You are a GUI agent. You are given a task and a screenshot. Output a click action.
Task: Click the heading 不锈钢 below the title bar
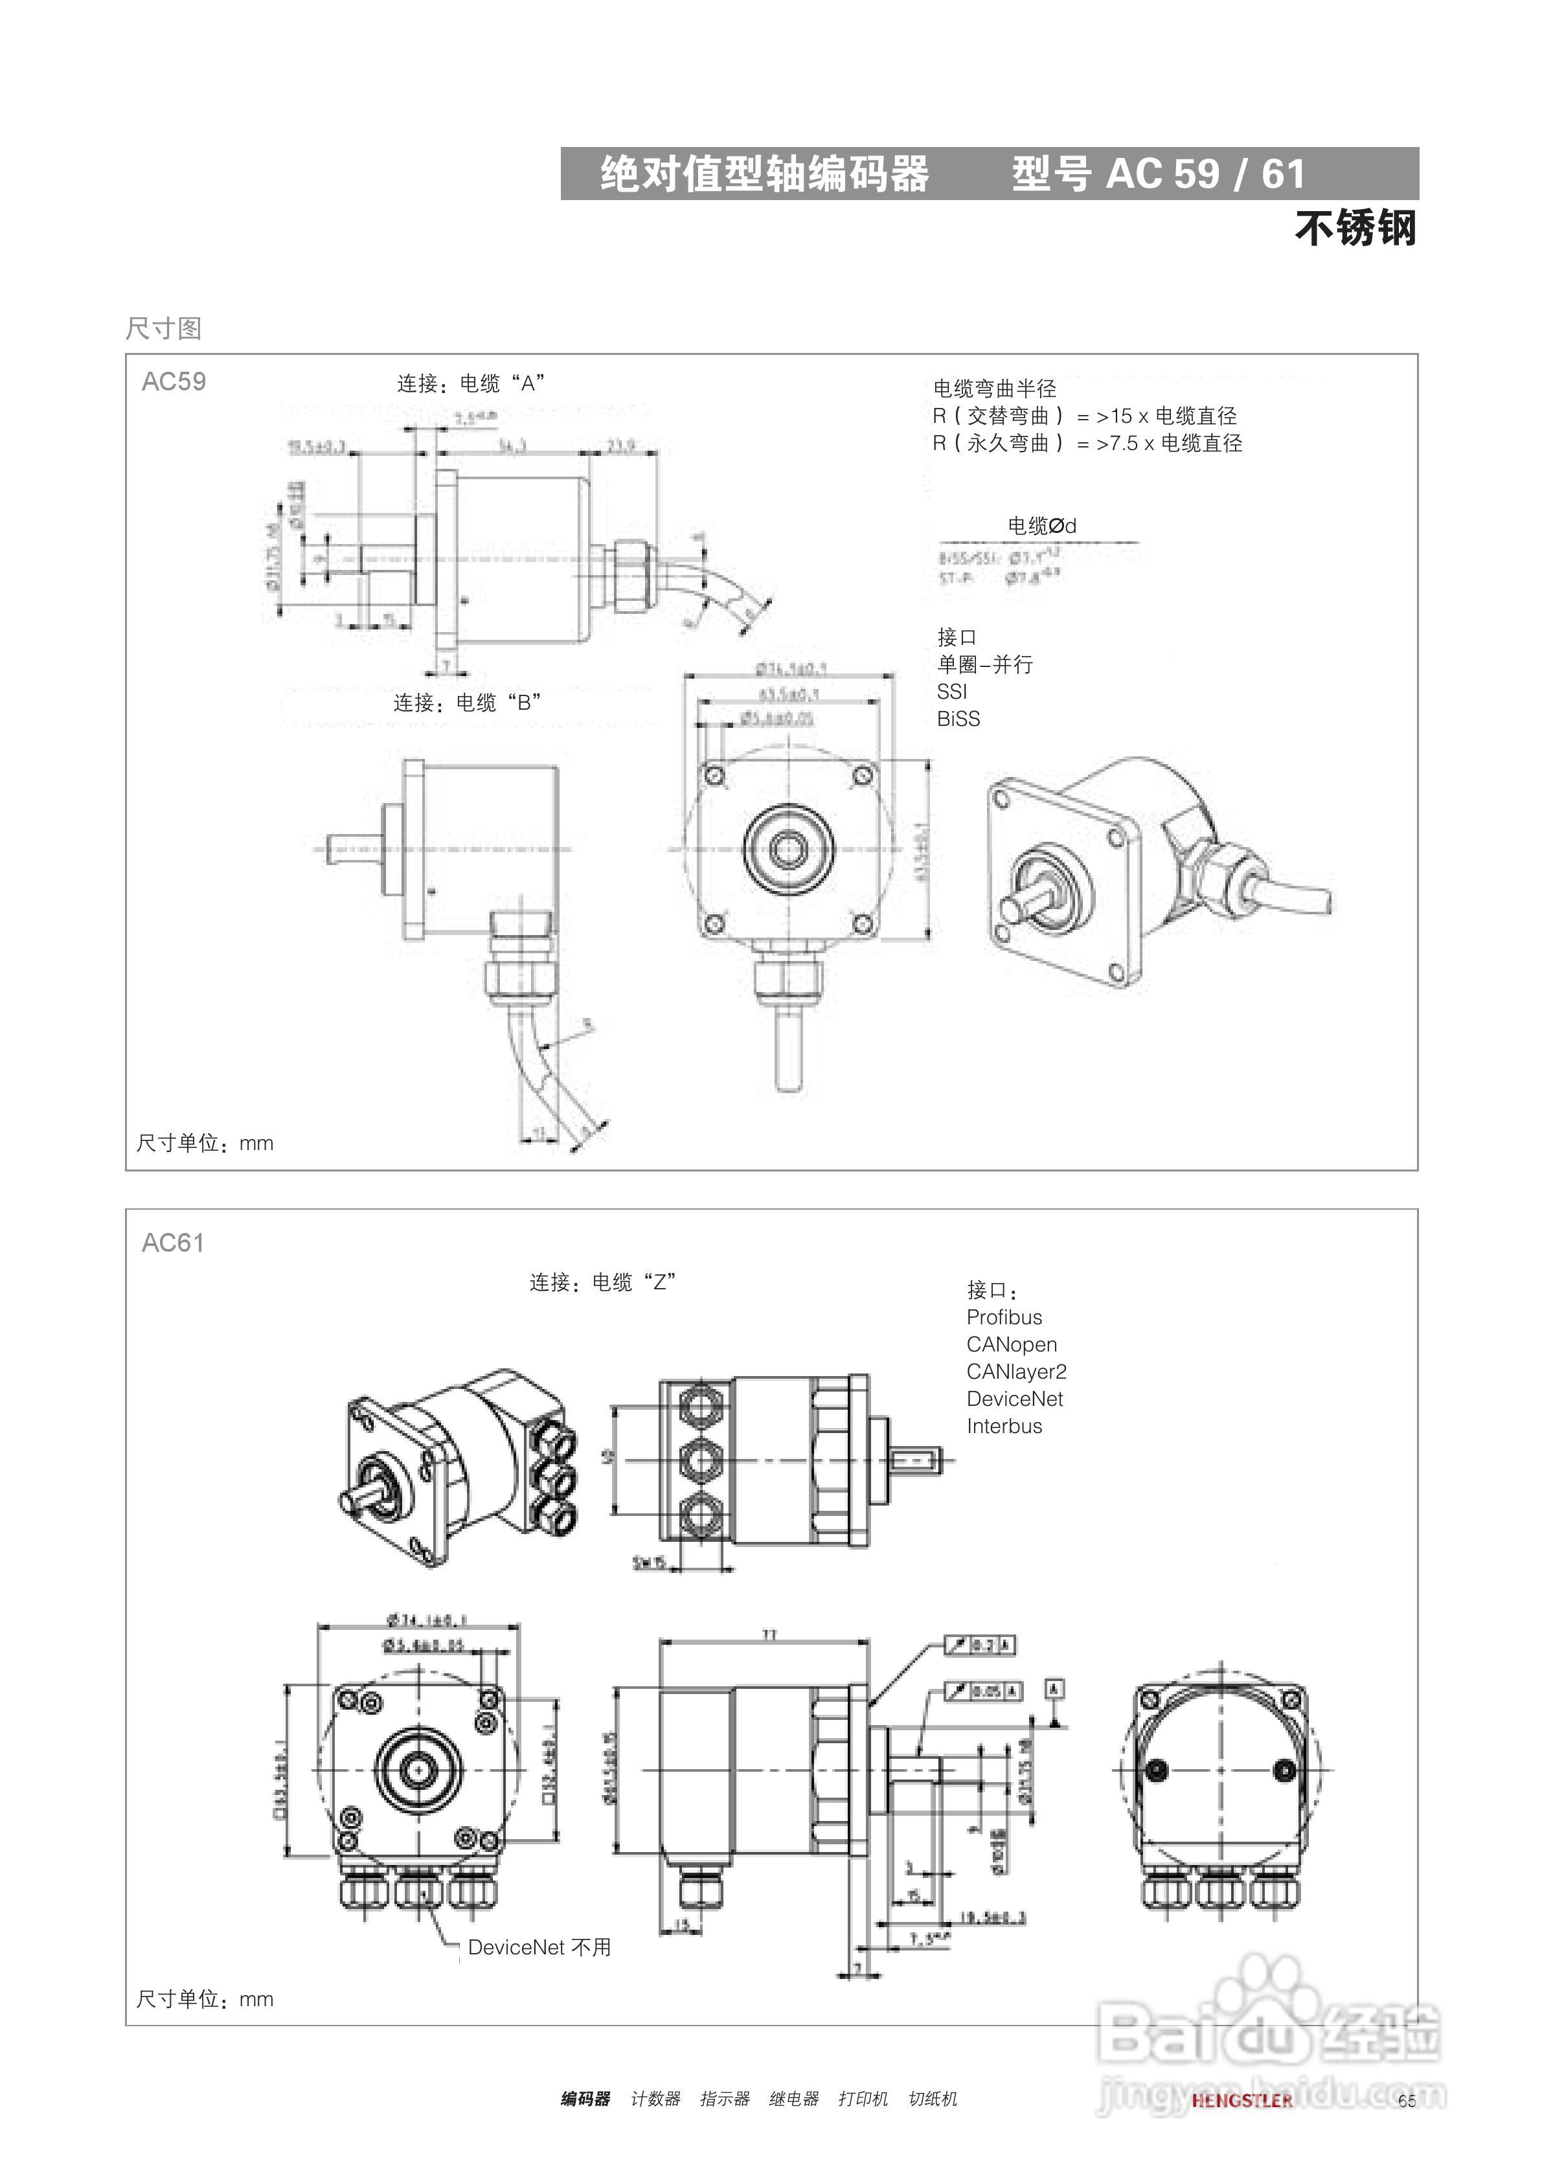coord(1355,229)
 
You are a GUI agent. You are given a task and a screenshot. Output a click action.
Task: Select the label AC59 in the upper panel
coord(174,382)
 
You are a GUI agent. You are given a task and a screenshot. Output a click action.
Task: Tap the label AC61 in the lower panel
coord(173,1243)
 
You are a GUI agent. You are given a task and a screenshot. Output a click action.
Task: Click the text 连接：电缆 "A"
coord(470,384)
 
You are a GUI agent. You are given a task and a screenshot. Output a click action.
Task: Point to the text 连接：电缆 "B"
coord(468,703)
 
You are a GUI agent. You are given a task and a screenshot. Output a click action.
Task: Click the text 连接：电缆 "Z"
coord(602,1282)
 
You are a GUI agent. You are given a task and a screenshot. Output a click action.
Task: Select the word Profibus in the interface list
coord(1004,1318)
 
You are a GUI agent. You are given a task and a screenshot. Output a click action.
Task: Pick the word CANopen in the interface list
coord(1012,1345)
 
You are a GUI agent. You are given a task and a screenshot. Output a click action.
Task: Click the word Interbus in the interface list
coord(1004,1427)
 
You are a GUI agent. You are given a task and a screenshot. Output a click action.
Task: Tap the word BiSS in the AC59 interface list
coord(958,719)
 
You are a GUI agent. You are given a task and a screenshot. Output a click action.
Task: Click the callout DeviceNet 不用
coord(539,1947)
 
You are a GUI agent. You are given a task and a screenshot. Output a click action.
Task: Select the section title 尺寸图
coord(163,329)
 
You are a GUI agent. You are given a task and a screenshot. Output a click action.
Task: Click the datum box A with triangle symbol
coord(1054,1689)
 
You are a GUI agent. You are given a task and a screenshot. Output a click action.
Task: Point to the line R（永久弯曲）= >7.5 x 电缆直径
coord(1088,444)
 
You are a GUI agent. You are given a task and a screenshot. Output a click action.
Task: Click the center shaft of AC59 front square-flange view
coord(787,848)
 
